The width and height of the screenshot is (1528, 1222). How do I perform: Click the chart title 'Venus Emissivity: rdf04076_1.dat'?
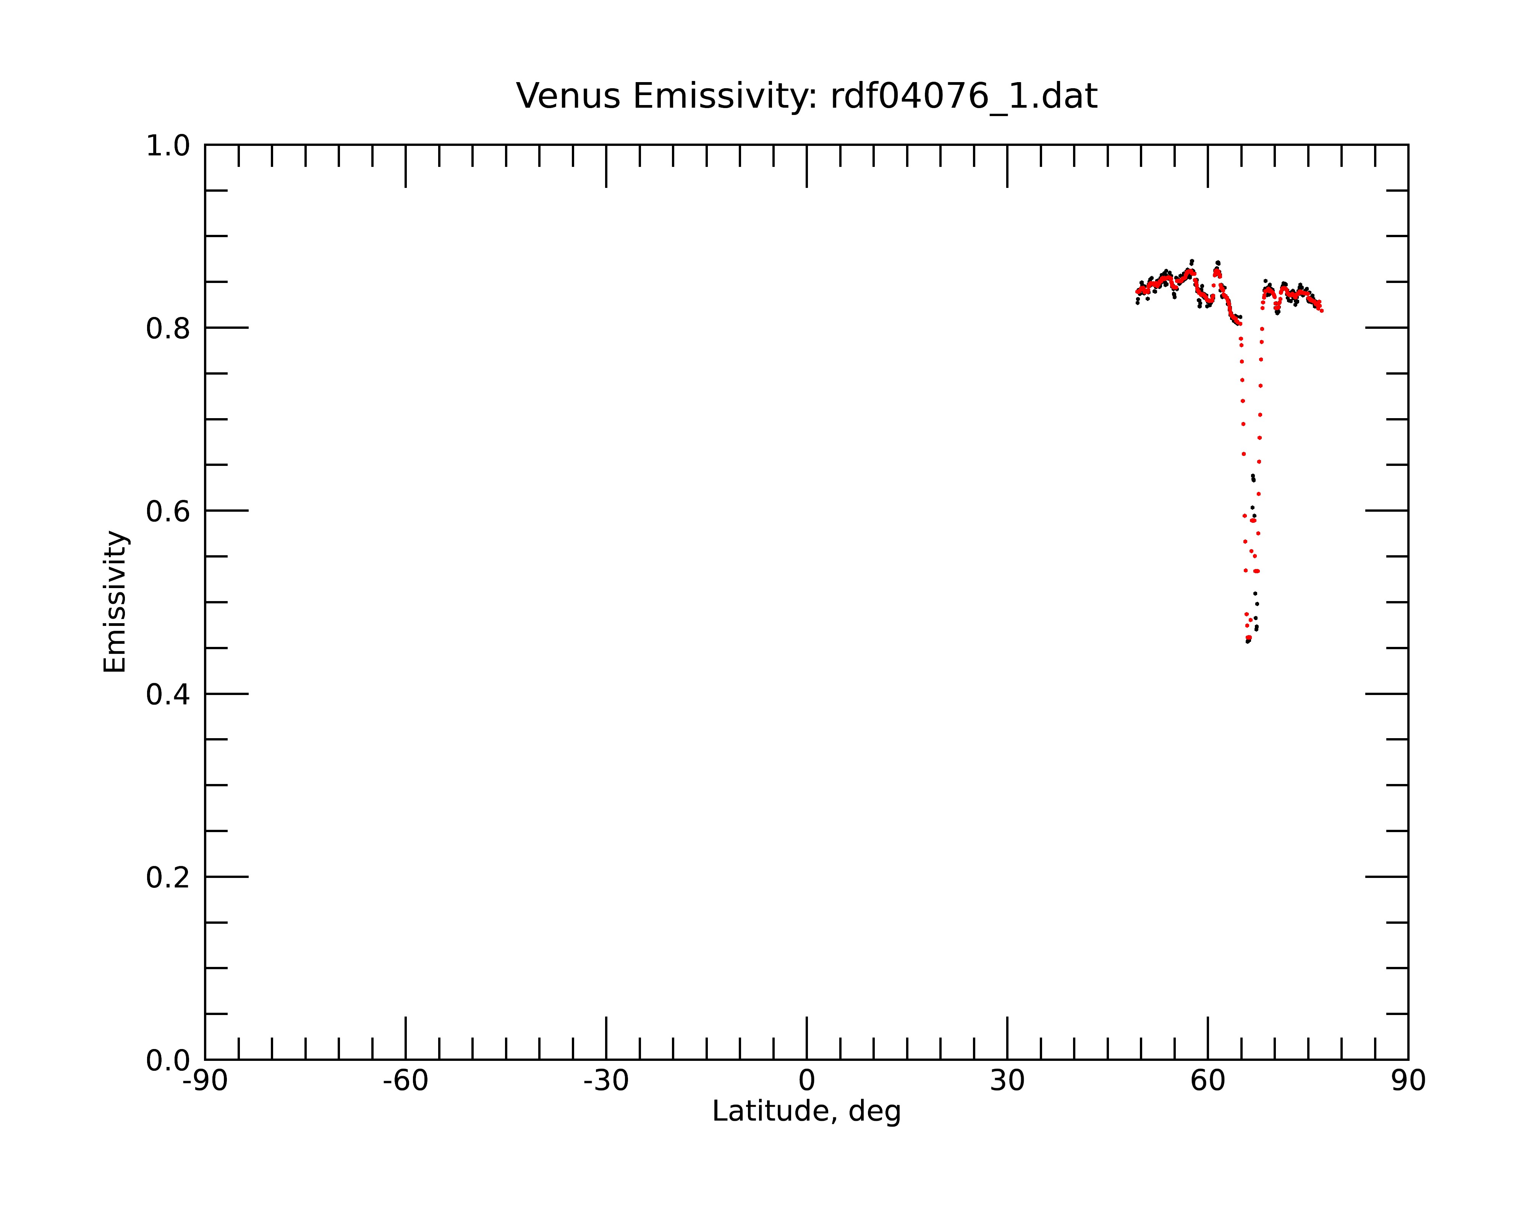[x=806, y=96]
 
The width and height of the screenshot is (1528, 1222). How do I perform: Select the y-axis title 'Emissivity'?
[x=115, y=601]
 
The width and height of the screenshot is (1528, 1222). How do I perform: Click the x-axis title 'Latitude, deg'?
[x=806, y=1111]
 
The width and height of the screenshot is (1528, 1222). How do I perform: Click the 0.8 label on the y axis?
[x=168, y=329]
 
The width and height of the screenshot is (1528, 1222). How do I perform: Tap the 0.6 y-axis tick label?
[x=168, y=511]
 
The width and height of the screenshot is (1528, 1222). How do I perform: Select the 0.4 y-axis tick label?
[x=168, y=695]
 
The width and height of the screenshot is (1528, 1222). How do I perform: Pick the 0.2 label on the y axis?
[x=168, y=878]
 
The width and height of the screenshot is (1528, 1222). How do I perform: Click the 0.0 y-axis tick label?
[x=168, y=1060]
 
